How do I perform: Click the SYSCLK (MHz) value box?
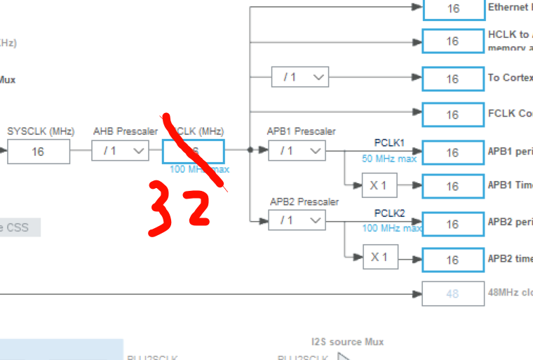pyautogui.click(x=39, y=152)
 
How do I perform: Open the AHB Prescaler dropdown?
pyautogui.click(x=120, y=151)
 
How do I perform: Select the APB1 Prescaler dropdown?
pyautogui.click(x=297, y=151)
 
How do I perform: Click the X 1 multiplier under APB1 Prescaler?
pyautogui.click(x=379, y=186)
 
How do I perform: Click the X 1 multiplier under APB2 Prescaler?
pyautogui.click(x=379, y=258)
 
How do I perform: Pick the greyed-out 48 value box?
pyautogui.click(x=452, y=294)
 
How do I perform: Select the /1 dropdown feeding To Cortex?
pyautogui.click(x=300, y=77)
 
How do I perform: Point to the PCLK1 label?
pyautogui.click(x=389, y=142)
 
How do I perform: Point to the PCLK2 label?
pyautogui.click(x=389, y=213)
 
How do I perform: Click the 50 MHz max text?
pyautogui.click(x=389, y=159)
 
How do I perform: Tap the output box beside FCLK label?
pyautogui.click(x=452, y=114)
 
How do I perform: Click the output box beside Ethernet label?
pyautogui.click(x=452, y=9)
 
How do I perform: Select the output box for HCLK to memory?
pyautogui.click(x=452, y=41)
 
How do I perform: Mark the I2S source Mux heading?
pyautogui.click(x=348, y=342)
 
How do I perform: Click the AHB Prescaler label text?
pyautogui.click(x=126, y=131)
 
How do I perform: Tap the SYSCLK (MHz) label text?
pyautogui.click(x=41, y=131)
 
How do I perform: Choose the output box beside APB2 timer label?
pyautogui.click(x=452, y=260)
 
